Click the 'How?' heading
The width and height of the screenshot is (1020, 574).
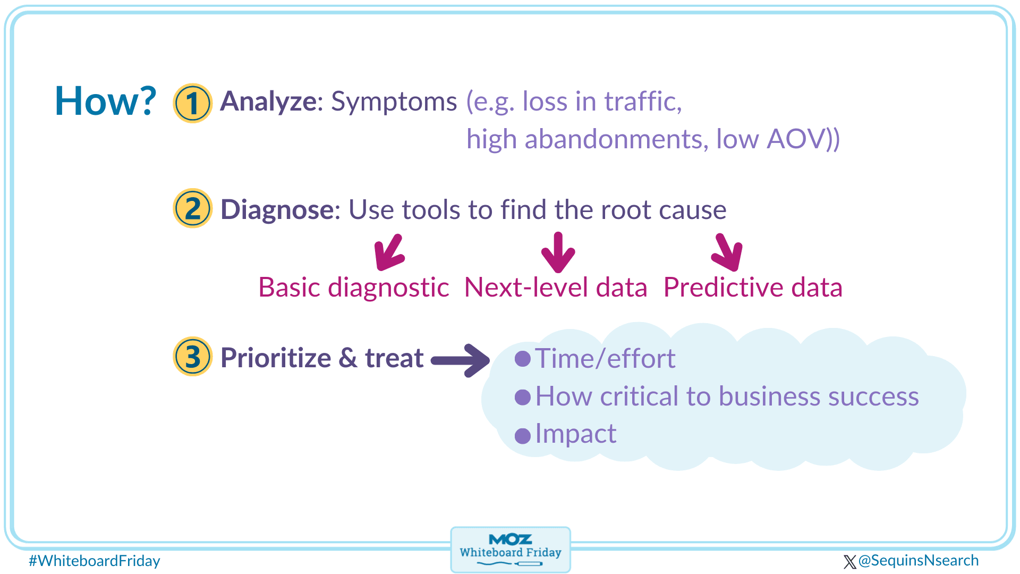coord(106,101)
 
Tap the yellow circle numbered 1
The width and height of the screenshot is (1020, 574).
coord(192,103)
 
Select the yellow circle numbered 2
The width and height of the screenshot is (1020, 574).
coord(192,208)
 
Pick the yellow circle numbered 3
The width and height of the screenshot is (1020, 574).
coord(192,357)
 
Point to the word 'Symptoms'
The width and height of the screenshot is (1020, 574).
coord(394,102)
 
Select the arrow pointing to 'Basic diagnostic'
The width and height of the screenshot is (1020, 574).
coord(389,252)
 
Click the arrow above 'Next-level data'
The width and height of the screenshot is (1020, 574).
coord(558,252)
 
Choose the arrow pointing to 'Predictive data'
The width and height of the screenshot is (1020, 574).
coord(727,252)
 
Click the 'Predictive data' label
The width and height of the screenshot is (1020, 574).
coord(753,288)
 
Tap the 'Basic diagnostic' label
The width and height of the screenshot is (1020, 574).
coord(354,288)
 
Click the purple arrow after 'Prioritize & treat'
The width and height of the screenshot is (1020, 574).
coord(460,361)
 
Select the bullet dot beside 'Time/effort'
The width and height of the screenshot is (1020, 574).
coord(523,359)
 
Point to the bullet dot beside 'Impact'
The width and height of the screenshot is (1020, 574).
coord(523,436)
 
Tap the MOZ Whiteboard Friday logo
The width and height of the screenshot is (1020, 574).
coord(511,550)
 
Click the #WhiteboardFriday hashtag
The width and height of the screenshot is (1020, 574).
coord(95,561)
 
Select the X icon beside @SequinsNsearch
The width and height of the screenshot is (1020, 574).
coord(849,562)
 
